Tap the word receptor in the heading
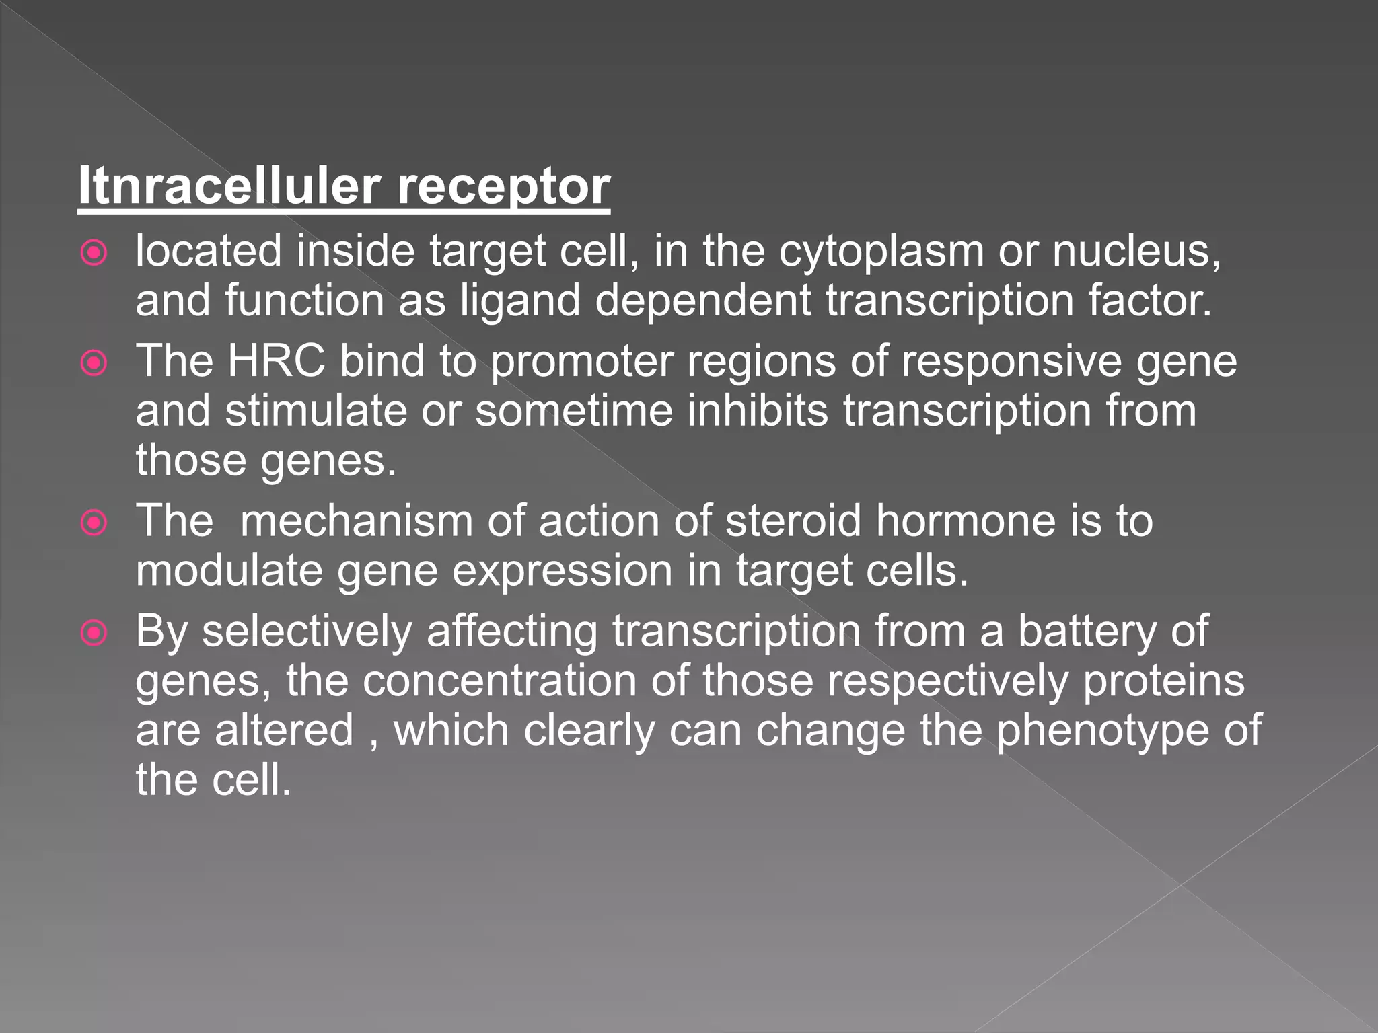pyautogui.click(x=503, y=187)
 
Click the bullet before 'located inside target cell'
pyautogui.click(x=94, y=254)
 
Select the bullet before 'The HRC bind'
pyautogui.click(x=94, y=363)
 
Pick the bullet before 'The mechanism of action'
pyautogui.click(x=94, y=523)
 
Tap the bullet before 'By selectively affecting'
pyautogui.click(x=94, y=633)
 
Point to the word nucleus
pyautogui.click(x=1136, y=252)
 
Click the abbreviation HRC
pyautogui.click(x=277, y=361)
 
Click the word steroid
pyautogui.click(x=793, y=521)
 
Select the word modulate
pyautogui.click(x=229, y=571)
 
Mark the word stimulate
pyautogui.click(x=316, y=411)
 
